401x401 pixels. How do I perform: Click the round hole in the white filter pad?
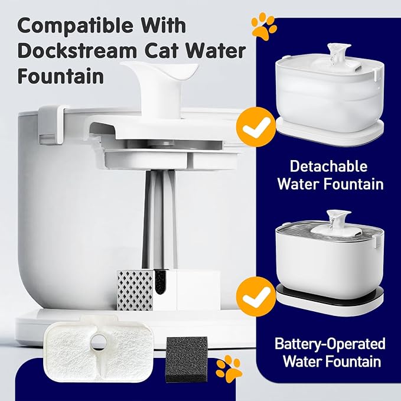point(96,341)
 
